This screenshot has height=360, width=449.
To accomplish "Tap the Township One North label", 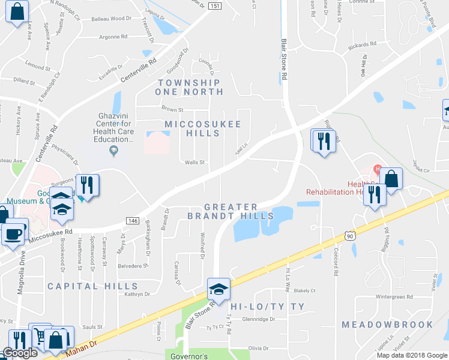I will [x=188, y=87].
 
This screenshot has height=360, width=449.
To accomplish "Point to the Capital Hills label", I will [x=92, y=286].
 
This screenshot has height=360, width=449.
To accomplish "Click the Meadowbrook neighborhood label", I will [x=387, y=325].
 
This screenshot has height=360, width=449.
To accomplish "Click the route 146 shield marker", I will [x=133, y=221].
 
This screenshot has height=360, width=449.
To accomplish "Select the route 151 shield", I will [x=215, y=5].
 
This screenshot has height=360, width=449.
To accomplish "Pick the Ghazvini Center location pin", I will [x=115, y=152].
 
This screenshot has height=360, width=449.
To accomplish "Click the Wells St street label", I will [x=194, y=162].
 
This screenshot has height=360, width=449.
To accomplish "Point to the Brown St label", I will [x=172, y=109].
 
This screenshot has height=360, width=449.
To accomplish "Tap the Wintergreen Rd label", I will [x=394, y=296].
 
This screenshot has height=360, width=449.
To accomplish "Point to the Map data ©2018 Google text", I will [x=411, y=355].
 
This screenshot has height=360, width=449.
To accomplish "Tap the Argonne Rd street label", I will [x=113, y=37].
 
